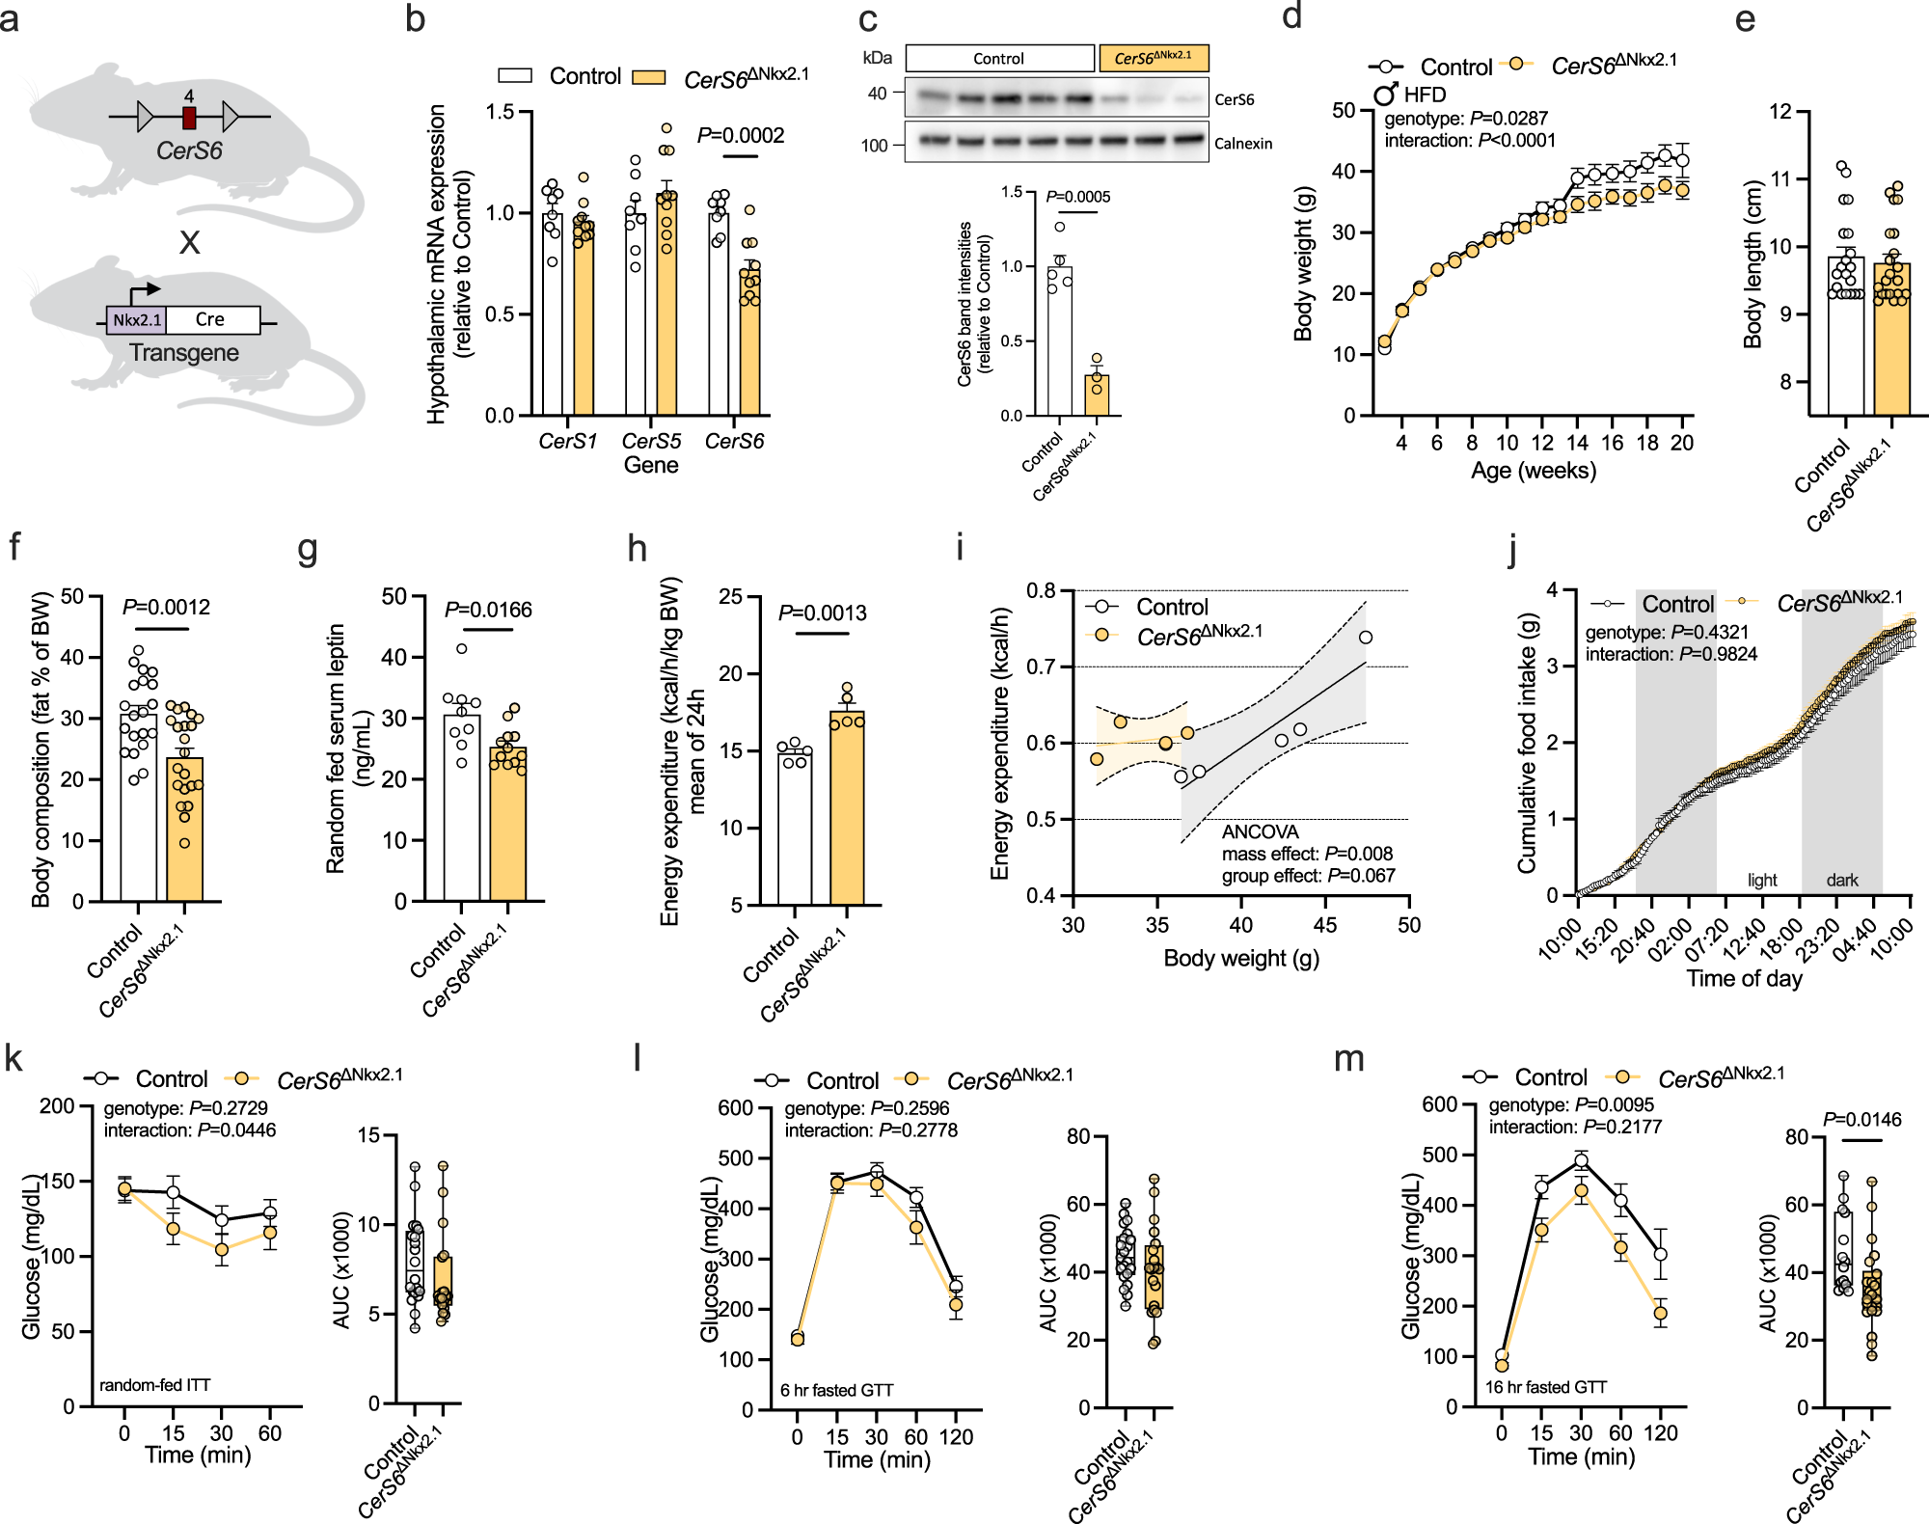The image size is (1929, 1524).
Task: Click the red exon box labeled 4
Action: [189, 118]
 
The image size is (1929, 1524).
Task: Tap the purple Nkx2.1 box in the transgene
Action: [136, 320]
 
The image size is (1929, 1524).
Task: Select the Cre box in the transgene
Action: [211, 320]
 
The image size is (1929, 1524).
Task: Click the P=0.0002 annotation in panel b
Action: [741, 136]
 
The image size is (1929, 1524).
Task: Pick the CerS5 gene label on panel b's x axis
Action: [651, 442]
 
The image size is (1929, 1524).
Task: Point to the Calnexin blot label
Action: [1243, 144]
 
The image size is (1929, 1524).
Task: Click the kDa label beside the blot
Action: [877, 58]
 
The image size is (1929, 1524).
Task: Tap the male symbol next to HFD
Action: [1386, 94]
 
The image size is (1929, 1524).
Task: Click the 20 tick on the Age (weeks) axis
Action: [1682, 443]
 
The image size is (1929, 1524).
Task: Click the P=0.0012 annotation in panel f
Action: [166, 608]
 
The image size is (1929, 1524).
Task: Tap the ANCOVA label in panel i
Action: [1260, 831]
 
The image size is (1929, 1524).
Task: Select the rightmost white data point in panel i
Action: [1365, 638]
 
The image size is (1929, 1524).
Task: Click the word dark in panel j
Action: [1841, 880]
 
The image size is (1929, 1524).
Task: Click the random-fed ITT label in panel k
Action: [154, 1385]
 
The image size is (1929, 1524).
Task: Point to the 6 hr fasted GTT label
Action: [836, 1390]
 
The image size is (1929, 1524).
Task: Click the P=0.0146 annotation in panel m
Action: [1861, 1120]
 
